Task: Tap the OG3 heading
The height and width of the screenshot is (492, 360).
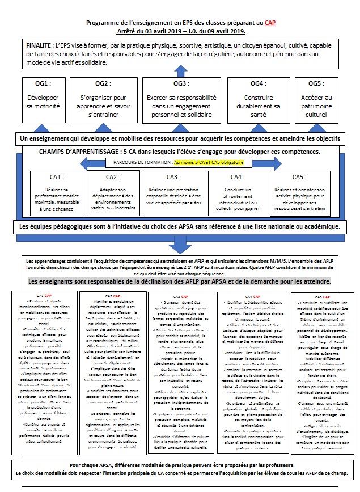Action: [180, 83]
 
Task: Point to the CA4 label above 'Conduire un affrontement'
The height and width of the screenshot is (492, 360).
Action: [238, 177]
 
